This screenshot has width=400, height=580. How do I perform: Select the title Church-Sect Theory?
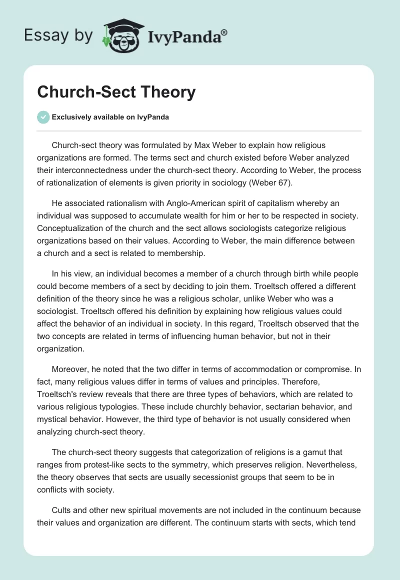116,92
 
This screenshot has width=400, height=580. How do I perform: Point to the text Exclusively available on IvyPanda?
110,117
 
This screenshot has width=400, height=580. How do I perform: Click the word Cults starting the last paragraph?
62,510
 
